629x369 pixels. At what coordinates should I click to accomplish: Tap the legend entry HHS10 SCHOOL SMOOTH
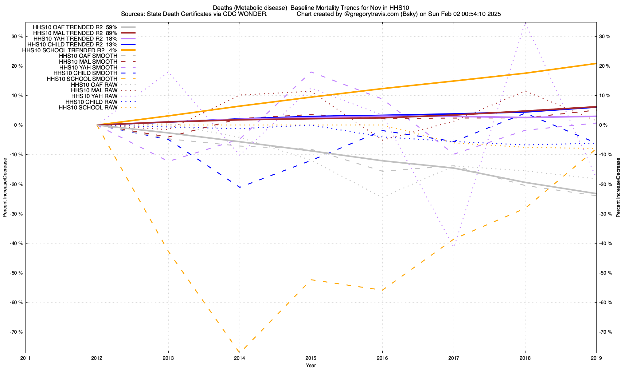[82, 79]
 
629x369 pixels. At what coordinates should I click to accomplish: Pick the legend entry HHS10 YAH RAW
[94, 96]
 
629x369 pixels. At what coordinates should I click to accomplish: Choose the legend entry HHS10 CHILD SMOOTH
[85, 73]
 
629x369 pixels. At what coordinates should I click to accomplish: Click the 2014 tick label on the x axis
[239, 358]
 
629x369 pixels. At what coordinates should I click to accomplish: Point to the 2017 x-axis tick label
[454, 358]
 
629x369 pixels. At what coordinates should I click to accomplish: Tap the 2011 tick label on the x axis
[25, 358]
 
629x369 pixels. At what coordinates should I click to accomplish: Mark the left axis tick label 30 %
[17, 37]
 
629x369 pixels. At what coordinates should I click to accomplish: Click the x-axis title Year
[311, 365]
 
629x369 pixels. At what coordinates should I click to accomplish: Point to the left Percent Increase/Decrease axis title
[5, 188]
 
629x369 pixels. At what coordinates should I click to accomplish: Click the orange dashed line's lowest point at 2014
[239, 352]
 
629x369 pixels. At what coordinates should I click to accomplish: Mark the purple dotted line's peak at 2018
[525, 23]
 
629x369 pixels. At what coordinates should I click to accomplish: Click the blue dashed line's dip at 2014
[239, 187]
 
